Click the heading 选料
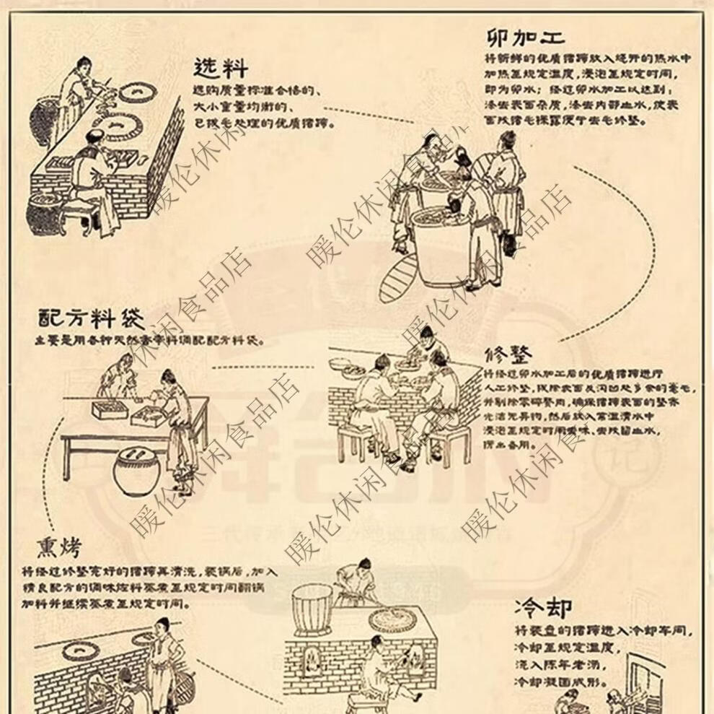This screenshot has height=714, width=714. coord(221,68)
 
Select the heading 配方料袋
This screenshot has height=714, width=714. coord(91,318)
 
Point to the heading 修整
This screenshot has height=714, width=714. coord(509,355)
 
